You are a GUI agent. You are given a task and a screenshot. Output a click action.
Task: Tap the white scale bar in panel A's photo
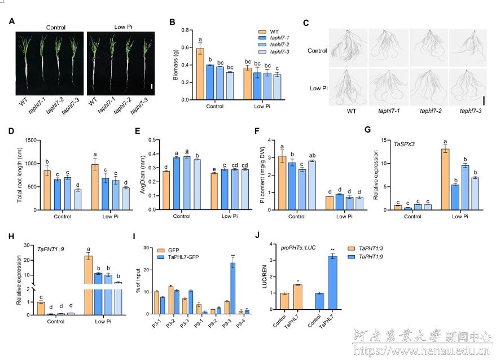click(x=152, y=86)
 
